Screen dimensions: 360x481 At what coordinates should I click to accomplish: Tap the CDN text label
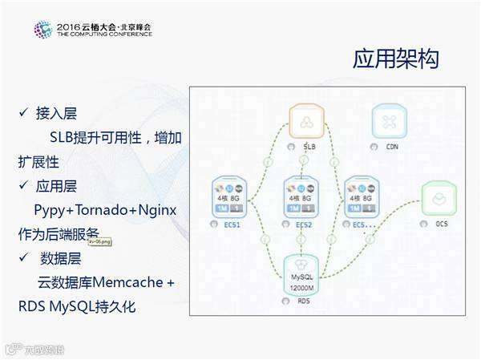click(x=393, y=147)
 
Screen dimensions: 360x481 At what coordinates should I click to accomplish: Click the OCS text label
click(x=442, y=224)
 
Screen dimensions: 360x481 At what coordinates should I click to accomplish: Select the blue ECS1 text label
click(x=232, y=224)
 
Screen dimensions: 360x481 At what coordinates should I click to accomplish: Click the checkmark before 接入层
click(x=24, y=112)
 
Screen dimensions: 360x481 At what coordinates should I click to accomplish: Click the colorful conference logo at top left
click(x=42, y=30)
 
